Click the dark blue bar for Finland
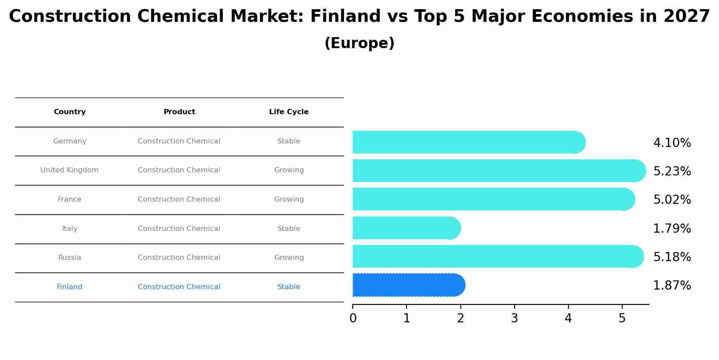(409, 285)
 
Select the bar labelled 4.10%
(469, 142)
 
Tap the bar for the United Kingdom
(499, 171)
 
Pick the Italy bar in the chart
(407, 228)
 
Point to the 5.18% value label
(672, 257)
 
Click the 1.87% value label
(672, 285)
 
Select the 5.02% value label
(672, 199)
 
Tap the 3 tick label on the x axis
(515, 318)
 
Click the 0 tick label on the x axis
(353, 318)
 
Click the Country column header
(70, 112)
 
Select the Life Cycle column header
(288, 112)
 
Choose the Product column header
(179, 112)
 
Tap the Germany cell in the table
(70, 141)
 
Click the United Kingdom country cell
(69, 170)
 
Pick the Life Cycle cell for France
(289, 199)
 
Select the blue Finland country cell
(70, 287)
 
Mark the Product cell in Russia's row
(179, 257)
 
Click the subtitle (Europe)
(360, 43)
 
